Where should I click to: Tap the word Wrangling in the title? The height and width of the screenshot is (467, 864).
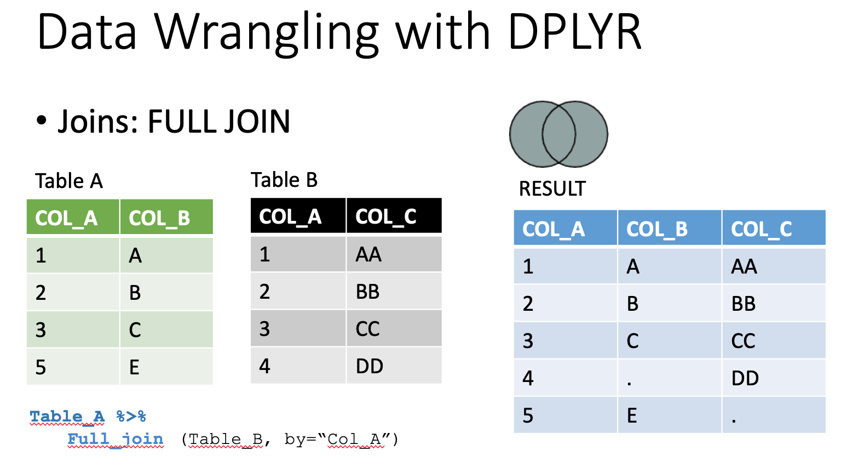pos(267,35)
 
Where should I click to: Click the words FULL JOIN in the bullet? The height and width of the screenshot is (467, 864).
pos(218,121)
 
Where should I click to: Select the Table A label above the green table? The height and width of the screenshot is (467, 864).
pos(69,181)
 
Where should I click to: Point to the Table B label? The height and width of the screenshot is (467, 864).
pos(284,180)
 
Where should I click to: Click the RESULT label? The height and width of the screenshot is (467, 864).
pos(552,189)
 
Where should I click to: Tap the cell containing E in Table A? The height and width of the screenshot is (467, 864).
pos(166,367)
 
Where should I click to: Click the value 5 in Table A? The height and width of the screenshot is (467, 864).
pos(41,367)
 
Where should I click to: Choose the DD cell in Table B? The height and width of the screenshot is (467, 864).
pos(394,366)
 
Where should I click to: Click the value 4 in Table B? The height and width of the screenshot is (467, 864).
pos(264,366)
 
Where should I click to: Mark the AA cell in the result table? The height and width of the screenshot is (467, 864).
pos(774,266)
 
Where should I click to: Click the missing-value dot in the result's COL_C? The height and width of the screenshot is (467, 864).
pos(734,421)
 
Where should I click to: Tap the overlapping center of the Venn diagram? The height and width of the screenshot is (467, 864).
pos(558,134)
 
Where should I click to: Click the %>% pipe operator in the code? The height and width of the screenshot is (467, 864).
pos(131,417)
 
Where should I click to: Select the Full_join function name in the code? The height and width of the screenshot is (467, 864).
pos(116,440)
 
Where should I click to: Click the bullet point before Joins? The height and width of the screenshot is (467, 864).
pos(41,120)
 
